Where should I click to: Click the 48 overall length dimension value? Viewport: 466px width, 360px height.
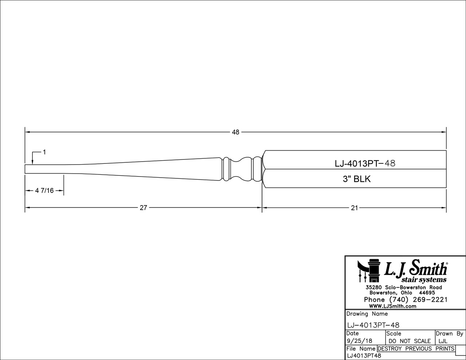pos(236,132)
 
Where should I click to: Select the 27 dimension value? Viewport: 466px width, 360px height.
pos(143,207)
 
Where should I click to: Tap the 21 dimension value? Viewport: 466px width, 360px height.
pos(354,208)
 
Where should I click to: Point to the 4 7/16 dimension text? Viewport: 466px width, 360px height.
pos(44,191)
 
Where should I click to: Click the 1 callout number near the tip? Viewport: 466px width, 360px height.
pos(44,152)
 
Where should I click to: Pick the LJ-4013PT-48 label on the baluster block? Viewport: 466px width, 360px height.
pos(365,163)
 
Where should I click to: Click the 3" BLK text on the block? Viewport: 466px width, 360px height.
pos(357,179)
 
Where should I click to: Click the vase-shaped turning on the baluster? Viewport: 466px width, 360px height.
pos(242,169)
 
